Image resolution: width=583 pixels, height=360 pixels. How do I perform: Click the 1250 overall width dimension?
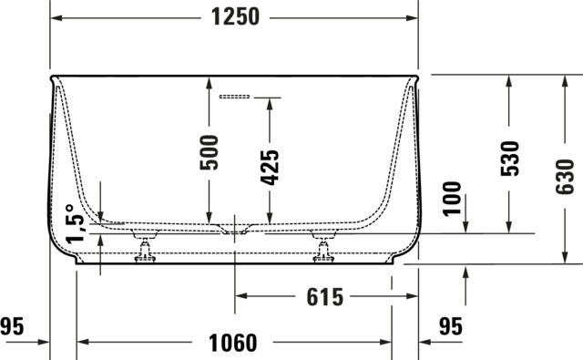pyautogui.click(x=235, y=17)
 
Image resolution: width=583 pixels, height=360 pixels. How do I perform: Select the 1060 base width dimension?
pyautogui.click(x=233, y=343)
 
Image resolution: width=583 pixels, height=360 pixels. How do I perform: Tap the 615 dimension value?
pyautogui.click(x=325, y=297)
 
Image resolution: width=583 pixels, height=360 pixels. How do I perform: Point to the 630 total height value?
pyautogui.click(x=565, y=177)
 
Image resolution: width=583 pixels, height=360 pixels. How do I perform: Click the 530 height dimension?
pyautogui.click(x=509, y=159)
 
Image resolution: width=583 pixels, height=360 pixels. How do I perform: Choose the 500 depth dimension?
pyautogui.click(x=209, y=153)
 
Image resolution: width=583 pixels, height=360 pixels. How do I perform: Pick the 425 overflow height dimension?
pyautogui.click(x=270, y=168)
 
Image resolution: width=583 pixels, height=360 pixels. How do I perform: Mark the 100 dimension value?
pyautogui.click(x=452, y=199)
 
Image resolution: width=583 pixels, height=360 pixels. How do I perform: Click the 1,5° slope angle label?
pyautogui.click(x=76, y=224)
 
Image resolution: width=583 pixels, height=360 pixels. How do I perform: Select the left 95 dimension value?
pyautogui.click(x=12, y=326)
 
